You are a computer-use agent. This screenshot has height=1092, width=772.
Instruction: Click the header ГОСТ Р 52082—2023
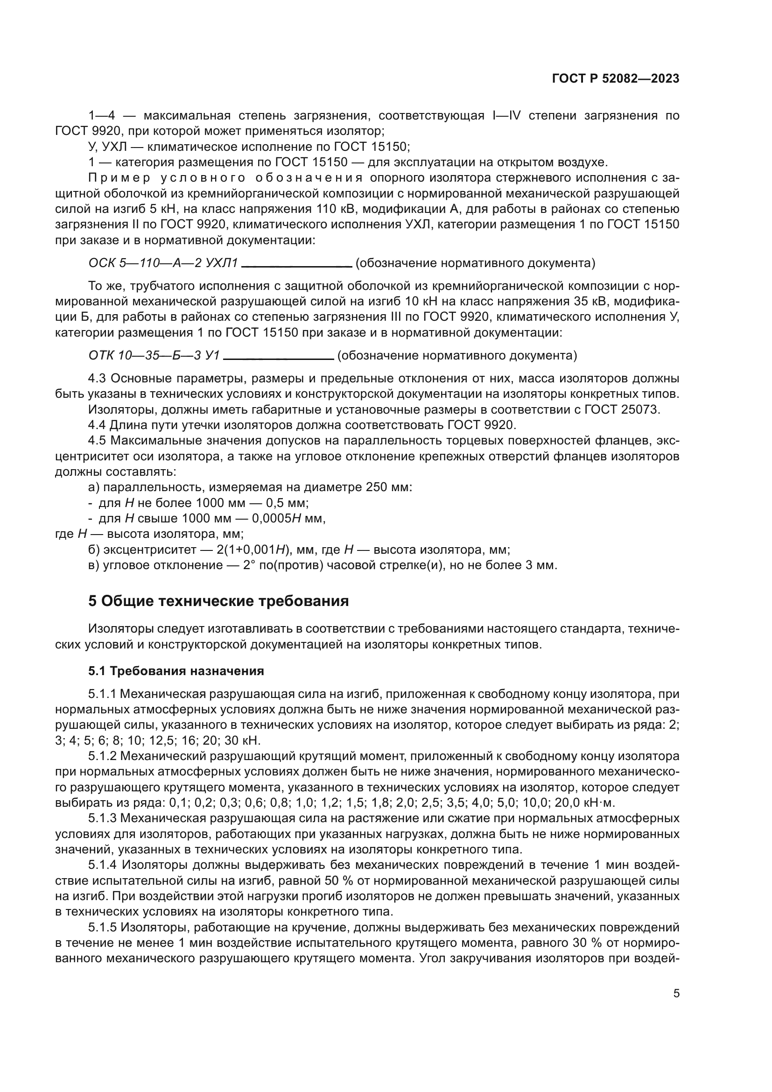(x=615, y=79)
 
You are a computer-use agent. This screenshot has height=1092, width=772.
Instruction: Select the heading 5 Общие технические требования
(x=218, y=601)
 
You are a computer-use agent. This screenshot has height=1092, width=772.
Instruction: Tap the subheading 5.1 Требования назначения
(x=176, y=671)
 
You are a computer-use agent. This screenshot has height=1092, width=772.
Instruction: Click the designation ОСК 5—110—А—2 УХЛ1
(x=162, y=263)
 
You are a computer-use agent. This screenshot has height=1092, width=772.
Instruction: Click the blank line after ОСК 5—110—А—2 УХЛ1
(x=297, y=266)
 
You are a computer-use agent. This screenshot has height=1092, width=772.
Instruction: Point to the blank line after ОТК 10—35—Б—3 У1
(x=278, y=359)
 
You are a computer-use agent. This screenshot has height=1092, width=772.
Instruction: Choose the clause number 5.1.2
(x=102, y=756)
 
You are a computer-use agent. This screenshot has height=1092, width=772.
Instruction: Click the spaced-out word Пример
(x=119, y=178)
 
